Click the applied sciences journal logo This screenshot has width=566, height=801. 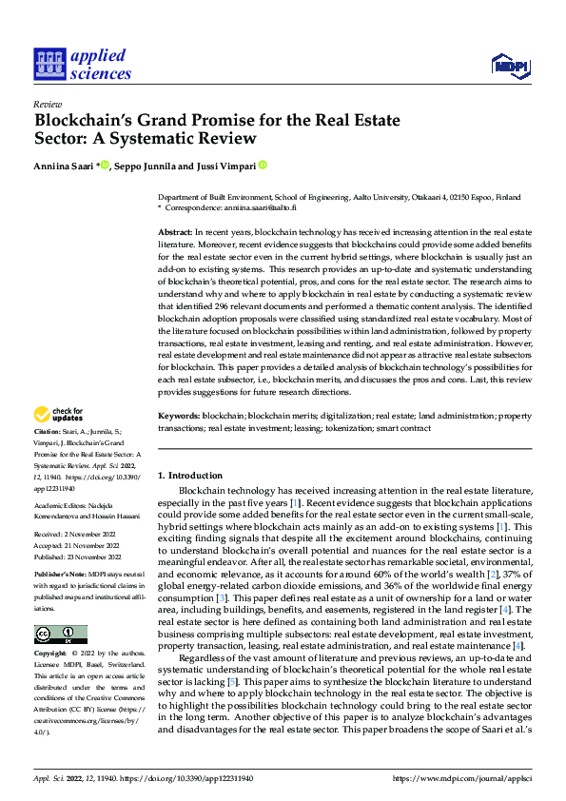point(82,63)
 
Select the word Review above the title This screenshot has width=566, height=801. point(48,105)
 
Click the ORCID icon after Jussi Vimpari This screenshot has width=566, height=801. point(263,166)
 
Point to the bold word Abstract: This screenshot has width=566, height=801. point(175,232)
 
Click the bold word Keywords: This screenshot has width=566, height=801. point(179,416)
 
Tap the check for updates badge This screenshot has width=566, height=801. point(60,415)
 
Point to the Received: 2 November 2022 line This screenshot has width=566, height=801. point(76,535)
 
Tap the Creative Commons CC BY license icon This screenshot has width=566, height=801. point(60,608)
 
